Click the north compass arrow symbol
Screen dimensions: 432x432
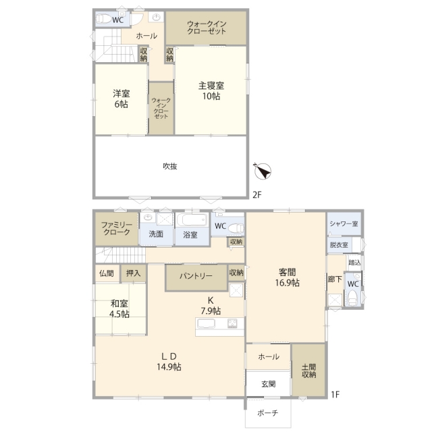[x=263, y=171]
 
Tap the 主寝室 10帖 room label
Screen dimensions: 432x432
[x=211, y=90]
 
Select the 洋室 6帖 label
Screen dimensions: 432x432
[x=122, y=99]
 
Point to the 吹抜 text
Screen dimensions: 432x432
[x=170, y=166]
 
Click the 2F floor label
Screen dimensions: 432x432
[x=256, y=195]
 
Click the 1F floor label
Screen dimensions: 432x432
[x=335, y=394]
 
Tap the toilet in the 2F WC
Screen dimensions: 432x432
[x=103, y=19]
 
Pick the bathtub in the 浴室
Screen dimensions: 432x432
[x=192, y=220]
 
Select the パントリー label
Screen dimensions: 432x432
[x=196, y=276]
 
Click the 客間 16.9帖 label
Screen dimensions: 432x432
[x=287, y=277]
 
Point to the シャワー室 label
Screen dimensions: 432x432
[x=344, y=223]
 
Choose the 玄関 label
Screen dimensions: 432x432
[x=269, y=384]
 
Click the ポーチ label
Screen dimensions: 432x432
[x=268, y=412]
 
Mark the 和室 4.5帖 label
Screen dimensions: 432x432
[x=119, y=309]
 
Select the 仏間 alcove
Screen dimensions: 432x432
[x=107, y=273]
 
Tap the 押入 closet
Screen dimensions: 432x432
[x=134, y=273]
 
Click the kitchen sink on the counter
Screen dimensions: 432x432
[x=205, y=323]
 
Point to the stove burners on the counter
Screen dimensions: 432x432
[x=232, y=323]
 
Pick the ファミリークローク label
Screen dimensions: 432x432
[x=117, y=228]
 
